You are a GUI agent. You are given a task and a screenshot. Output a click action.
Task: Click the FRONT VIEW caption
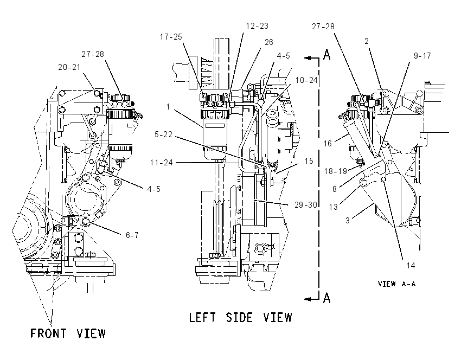coord(68,333)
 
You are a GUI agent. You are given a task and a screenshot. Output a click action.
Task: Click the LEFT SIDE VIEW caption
coord(240,318)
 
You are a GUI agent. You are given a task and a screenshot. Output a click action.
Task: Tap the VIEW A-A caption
coord(396,284)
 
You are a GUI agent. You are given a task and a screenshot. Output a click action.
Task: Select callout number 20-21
coord(69,67)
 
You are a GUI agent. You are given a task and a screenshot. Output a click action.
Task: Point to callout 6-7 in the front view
coord(132,235)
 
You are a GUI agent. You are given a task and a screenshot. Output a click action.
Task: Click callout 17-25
coord(171,37)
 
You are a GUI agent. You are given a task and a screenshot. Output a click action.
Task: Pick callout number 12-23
coord(257,26)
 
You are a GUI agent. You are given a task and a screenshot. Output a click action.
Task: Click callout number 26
coord(269,42)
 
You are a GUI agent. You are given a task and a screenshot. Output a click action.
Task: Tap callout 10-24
coord(306,80)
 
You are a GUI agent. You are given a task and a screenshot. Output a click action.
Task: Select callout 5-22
coord(163,134)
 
